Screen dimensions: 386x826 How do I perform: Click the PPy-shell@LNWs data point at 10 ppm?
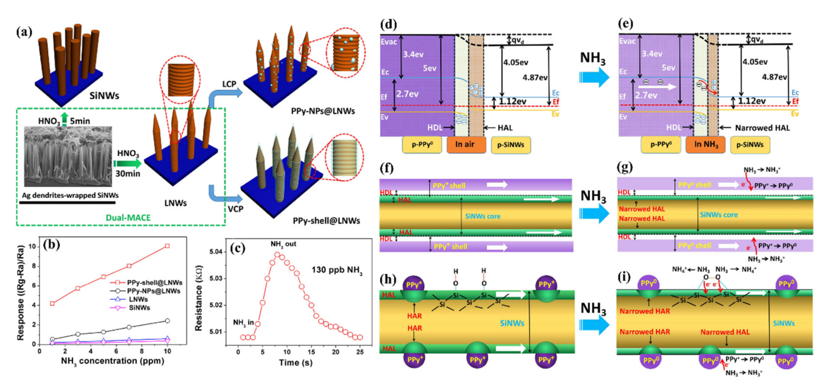click(x=167, y=246)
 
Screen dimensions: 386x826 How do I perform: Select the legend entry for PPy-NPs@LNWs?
click(x=153, y=291)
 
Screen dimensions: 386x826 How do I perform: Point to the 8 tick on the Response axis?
click(x=33, y=266)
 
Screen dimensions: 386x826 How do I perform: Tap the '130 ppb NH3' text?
click(x=337, y=270)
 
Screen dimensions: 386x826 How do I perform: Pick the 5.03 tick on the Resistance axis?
click(x=216, y=278)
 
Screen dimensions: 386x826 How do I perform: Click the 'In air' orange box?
click(x=466, y=145)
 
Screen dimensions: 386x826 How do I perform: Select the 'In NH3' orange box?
click(x=705, y=145)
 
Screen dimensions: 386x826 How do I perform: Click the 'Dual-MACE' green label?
click(x=128, y=218)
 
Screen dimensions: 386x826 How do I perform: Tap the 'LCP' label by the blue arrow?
click(x=229, y=84)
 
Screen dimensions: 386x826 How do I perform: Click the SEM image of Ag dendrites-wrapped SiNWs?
click(x=68, y=156)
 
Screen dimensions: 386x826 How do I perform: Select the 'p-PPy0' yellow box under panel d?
click(x=422, y=145)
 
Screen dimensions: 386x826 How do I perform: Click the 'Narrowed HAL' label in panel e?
click(x=762, y=128)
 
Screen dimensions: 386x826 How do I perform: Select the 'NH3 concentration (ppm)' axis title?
click(x=112, y=361)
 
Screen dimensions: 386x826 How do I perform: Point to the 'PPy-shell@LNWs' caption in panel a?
click(x=326, y=221)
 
